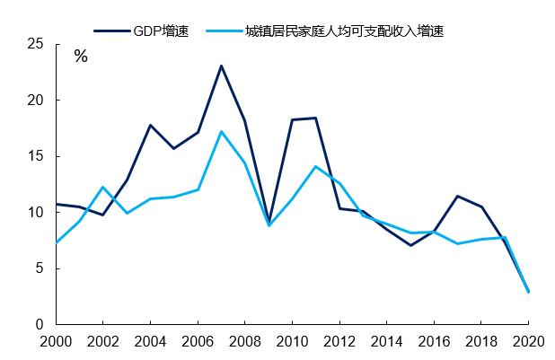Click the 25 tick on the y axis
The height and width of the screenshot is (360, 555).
(36, 44)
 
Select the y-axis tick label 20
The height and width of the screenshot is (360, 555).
(36, 101)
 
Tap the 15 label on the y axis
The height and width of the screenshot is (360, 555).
(36, 156)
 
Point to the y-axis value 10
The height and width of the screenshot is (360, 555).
(36, 213)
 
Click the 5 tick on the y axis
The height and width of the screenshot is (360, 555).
(40, 268)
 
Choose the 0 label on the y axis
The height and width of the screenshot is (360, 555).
(40, 325)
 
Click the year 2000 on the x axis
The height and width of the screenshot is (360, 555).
(56, 343)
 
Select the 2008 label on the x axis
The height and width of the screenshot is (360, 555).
(244, 343)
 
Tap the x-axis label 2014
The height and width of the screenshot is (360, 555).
(386, 343)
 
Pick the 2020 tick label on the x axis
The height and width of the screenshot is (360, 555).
(526, 343)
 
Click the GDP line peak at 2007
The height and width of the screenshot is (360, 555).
(221, 66)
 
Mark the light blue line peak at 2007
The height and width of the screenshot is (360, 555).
(221, 132)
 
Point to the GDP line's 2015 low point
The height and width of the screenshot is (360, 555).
(410, 245)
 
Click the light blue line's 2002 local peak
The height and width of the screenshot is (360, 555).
(103, 187)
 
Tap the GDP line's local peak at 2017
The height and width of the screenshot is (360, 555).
(457, 196)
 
